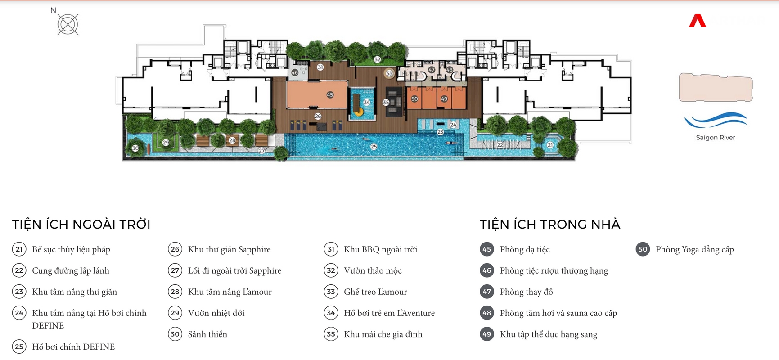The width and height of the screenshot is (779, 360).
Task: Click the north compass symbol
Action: click(68, 24)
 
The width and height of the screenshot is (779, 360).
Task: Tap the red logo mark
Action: click(697, 21)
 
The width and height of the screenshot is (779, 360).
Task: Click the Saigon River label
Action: click(716, 138)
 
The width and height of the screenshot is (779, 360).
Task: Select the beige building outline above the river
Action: click(716, 87)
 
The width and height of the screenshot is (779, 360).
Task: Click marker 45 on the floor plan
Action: click(330, 95)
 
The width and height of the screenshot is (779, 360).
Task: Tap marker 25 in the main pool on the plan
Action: click(374, 147)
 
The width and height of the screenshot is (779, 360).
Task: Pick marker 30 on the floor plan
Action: click(135, 148)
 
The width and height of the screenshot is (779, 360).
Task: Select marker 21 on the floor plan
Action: click(550, 145)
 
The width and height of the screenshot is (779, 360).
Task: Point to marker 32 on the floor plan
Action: click(377, 59)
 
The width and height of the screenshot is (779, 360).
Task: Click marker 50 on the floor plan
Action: click(414, 99)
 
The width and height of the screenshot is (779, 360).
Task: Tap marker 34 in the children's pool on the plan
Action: click(367, 103)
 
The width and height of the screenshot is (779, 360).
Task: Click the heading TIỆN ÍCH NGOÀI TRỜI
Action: click(81, 224)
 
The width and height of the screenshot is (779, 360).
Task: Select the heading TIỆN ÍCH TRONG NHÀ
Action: click(550, 224)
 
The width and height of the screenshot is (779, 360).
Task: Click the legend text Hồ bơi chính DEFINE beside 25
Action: click(73, 347)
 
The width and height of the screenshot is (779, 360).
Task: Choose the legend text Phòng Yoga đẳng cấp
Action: click(695, 249)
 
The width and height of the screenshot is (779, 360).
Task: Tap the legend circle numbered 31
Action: click(331, 249)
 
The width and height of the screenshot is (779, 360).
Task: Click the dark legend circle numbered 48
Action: click(487, 313)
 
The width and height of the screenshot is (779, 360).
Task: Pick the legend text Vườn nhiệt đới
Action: click(216, 313)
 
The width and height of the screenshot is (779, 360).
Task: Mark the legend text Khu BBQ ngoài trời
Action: click(381, 249)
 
